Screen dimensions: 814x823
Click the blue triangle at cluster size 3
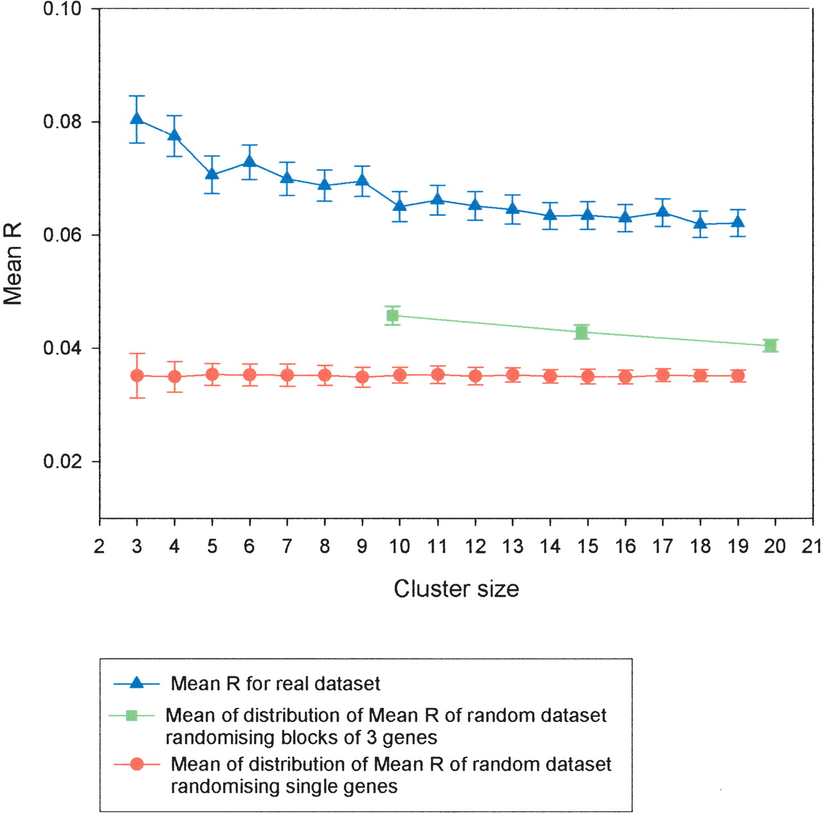pyautogui.click(x=136, y=119)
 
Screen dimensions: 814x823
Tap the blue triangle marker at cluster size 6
pyautogui.click(x=249, y=161)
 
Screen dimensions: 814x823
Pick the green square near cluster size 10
pyautogui.click(x=392, y=315)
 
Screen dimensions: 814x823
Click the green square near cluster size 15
pyautogui.click(x=582, y=332)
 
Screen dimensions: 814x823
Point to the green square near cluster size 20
pyautogui.click(x=770, y=346)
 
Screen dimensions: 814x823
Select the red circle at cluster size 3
pyautogui.click(x=136, y=375)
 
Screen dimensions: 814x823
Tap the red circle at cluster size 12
pyautogui.click(x=475, y=376)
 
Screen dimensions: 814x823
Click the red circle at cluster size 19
pyautogui.click(x=738, y=375)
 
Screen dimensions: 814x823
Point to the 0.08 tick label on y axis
pyautogui.click(x=62, y=122)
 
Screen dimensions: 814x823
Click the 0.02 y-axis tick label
pyautogui.click(x=62, y=462)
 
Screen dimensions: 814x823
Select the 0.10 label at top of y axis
pyautogui.click(x=62, y=10)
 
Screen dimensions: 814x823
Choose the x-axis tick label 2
pyautogui.click(x=99, y=547)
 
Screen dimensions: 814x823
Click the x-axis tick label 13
pyautogui.click(x=512, y=547)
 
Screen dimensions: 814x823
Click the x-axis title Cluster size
pyautogui.click(x=456, y=589)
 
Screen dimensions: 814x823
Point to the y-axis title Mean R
pyautogui.click(x=13, y=264)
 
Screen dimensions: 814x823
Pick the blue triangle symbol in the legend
pyautogui.click(x=136, y=683)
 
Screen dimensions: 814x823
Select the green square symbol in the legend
pyautogui.click(x=132, y=715)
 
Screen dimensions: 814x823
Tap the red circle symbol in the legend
pyautogui.click(x=136, y=764)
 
